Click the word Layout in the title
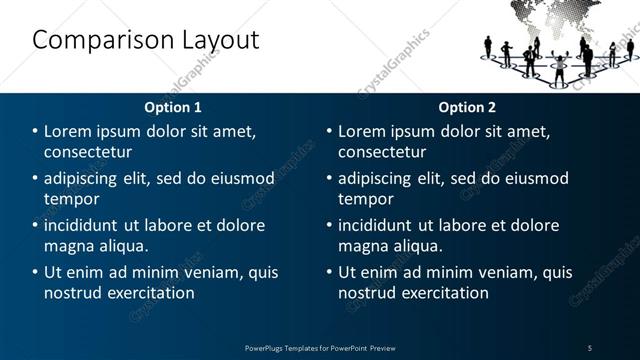coord(214,41)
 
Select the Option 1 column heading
coord(173,107)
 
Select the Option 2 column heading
coord(467,107)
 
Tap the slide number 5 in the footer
coord(589,347)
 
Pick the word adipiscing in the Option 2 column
coord(380,178)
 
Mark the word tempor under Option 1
coord(71,199)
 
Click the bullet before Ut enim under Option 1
coord(36,272)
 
